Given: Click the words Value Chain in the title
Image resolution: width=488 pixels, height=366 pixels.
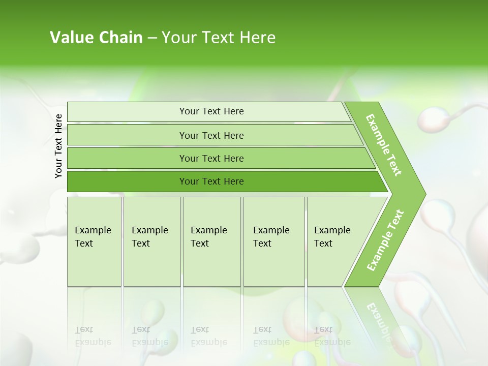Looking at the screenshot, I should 96,38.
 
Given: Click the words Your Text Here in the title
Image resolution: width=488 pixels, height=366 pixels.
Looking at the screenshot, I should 219,38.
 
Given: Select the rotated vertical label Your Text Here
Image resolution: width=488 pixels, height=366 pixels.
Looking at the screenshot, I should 58,146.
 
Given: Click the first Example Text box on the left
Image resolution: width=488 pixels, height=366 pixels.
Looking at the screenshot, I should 94,241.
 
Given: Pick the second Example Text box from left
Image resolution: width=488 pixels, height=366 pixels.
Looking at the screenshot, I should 152,241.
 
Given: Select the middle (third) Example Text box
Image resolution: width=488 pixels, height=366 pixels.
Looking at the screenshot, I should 211,241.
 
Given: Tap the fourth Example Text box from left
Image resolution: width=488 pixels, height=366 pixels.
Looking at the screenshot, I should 274,241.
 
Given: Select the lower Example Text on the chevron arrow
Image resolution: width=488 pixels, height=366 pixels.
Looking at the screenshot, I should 385,240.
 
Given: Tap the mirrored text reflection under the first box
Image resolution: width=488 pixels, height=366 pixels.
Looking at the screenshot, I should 93,336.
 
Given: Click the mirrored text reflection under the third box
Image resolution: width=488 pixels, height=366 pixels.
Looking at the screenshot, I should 208,336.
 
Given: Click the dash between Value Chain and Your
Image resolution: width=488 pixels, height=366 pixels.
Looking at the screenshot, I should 152,38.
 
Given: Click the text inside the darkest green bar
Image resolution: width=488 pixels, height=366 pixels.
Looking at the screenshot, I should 211,181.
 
